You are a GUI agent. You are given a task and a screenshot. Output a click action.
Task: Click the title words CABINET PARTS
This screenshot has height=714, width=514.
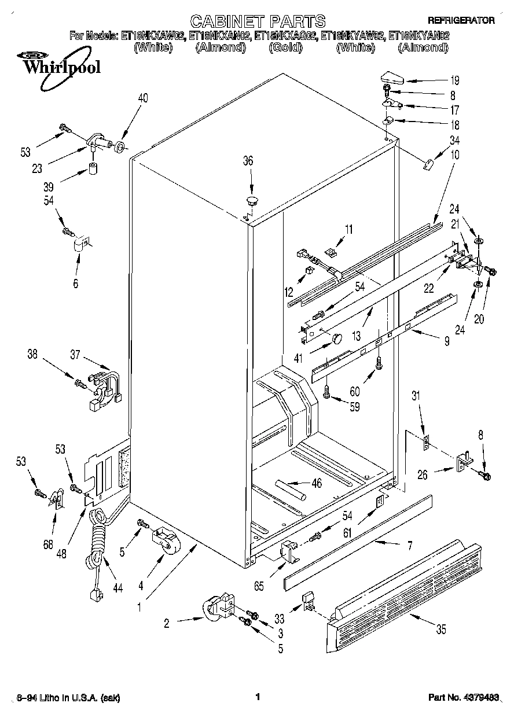[x=258, y=22]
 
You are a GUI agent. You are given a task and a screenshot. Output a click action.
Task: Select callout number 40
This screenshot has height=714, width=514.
[x=142, y=98]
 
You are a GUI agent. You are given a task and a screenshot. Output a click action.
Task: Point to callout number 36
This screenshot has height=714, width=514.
[x=248, y=161]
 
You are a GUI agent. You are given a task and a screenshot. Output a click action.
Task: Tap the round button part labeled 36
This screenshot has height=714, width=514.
[x=252, y=201]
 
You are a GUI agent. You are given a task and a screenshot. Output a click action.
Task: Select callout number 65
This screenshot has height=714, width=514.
[x=259, y=586]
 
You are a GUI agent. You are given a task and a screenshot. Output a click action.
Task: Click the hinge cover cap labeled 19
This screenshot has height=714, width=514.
[x=392, y=76]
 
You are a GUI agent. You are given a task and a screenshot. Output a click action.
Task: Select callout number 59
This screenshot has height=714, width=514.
[x=354, y=407]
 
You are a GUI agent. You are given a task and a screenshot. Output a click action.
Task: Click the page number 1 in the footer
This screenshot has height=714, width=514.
[x=257, y=698]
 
